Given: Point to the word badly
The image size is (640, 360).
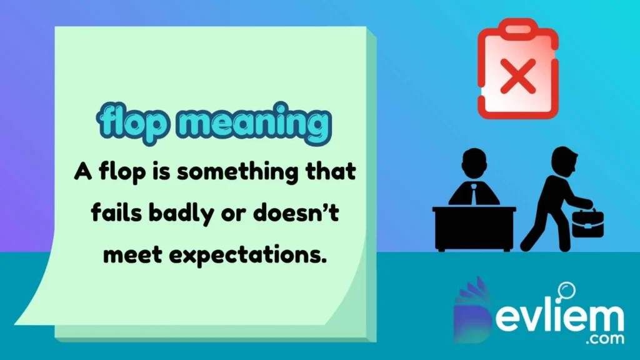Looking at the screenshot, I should (174, 214).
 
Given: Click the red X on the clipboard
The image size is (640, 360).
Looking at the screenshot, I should (516, 81).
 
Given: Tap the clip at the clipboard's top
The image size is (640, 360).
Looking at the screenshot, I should (516, 28).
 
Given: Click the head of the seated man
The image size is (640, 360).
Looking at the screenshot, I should (474, 161).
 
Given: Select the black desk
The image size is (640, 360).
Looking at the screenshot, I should (474, 228).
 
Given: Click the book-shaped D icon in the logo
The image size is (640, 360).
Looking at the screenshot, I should (475, 312).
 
